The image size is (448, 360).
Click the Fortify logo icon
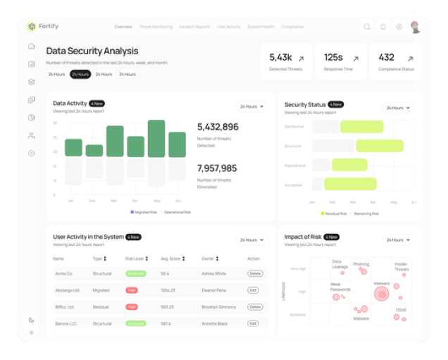pyautogui.click(x=31, y=27)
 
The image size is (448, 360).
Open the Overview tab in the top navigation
pyautogui.click(x=123, y=27)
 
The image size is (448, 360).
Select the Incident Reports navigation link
pyautogui.click(x=194, y=27)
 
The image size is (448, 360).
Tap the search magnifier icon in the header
pyautogui.click(x=367, y=27)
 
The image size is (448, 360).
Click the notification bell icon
pyautogui.click(x=383, y=27)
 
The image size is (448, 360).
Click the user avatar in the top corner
pyautogui.click(x=416, y=27)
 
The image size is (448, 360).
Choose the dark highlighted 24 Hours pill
pyautogui.click(x=80, y=74)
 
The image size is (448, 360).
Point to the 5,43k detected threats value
pyautogui.click(x=280, y=57)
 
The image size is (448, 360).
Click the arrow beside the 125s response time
pyautogui.click(x=355, y=58)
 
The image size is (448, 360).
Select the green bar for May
pyautogui.click(x=156, y=139)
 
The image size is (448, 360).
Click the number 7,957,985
pyautogui.click(x=217, y=168)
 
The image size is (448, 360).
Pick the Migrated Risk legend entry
pyautogui.click(x=144, y=211)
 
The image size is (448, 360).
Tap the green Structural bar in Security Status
pyautogui.click(x=379, y=146)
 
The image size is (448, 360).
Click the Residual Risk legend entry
pyautogui.click(x=334, y=213)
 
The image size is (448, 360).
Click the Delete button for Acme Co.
pyautogui.click(x=254, y=273)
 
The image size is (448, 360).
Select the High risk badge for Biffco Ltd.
pyautogui.click(x=132, y=307)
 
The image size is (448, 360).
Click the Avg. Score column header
pyautogui.click(x=171, y=259)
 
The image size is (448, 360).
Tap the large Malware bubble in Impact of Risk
pyautogui.click(x=381, y=292)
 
